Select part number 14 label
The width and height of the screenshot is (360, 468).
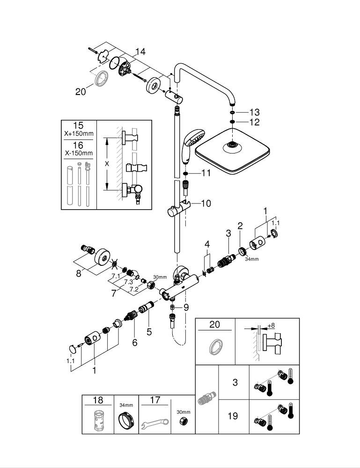(140, 52)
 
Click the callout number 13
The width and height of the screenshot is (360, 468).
(254, 112)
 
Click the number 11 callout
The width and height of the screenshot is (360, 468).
(206, 173)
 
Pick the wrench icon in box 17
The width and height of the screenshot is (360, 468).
(154, 423)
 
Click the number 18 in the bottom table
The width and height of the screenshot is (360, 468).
(98, 400)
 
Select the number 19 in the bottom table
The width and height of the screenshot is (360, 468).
(233, 415)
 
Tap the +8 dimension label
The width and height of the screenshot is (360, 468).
(271, 325)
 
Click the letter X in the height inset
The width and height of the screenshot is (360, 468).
(108, 164)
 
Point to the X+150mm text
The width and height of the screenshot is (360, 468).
(79, 134)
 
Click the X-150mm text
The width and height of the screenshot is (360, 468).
(79, 153)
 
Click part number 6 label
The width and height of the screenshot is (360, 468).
(135, 343)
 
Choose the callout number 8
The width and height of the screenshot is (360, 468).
(79, 273)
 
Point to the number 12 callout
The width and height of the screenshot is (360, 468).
(254, 123)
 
